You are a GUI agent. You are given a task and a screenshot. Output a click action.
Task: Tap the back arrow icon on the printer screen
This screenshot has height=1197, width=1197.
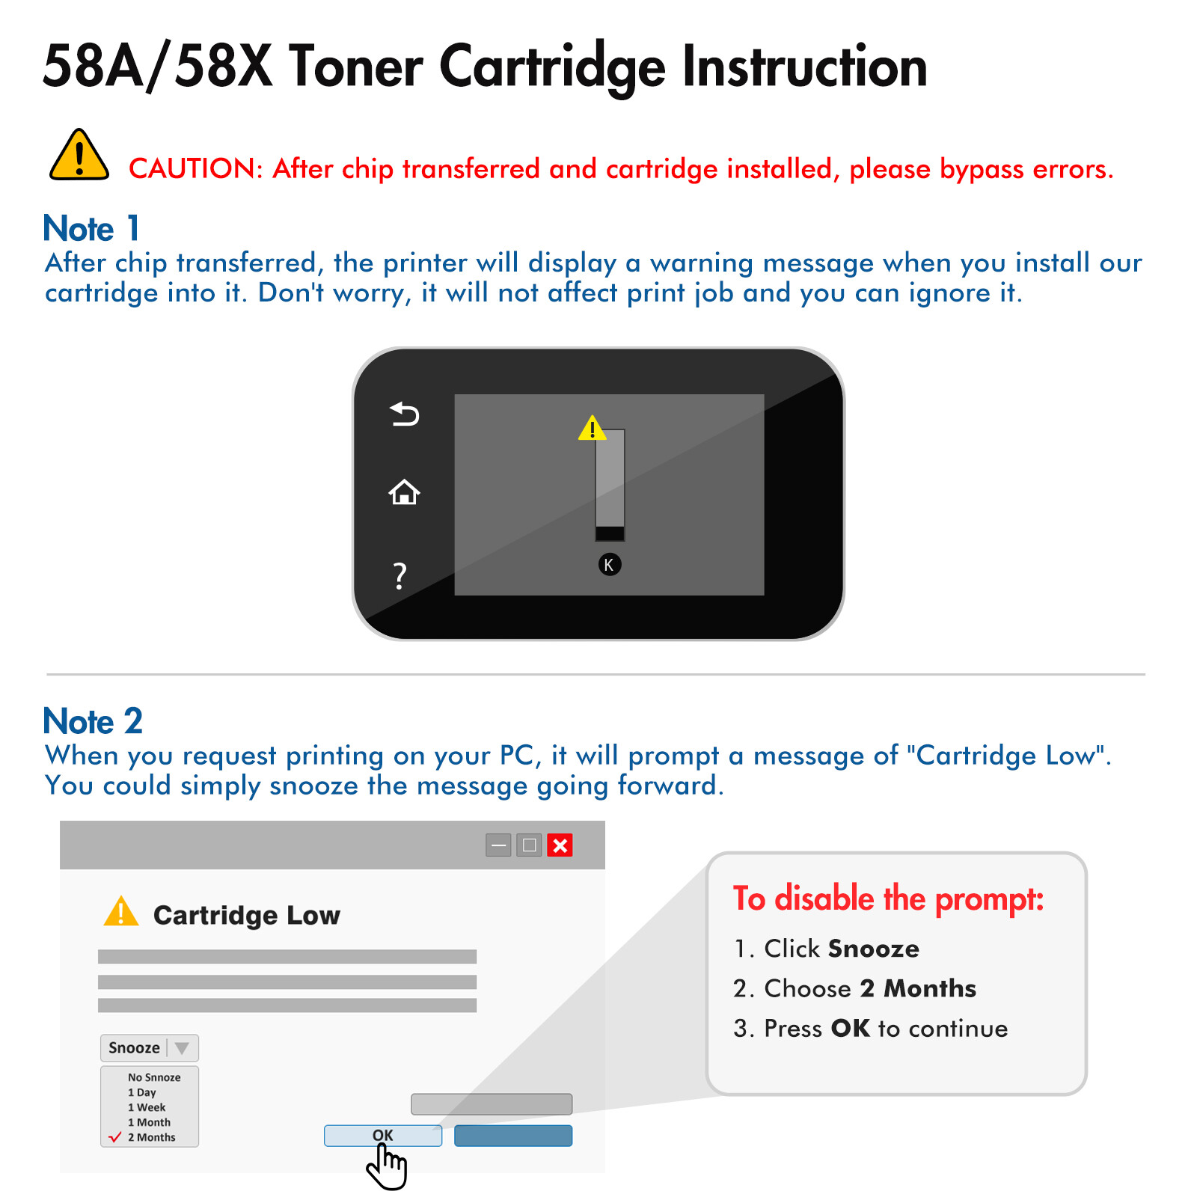tap(405, 414)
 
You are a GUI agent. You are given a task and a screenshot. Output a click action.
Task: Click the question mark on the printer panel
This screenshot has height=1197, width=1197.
tap(400, 576)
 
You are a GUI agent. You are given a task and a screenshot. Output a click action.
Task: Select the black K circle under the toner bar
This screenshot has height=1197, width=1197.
tap(610, 565)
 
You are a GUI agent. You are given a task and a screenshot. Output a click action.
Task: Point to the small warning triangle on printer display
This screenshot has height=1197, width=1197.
tap(592, 429)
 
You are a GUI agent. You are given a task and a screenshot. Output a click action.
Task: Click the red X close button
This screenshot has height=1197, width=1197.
tap(560, 845)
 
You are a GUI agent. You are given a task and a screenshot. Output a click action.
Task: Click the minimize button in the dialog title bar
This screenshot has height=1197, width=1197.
tap(498, 845)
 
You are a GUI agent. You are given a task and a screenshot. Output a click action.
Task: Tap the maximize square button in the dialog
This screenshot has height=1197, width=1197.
tap(529, 845)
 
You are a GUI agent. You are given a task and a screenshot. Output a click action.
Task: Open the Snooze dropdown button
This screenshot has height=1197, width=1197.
tap(149, 1048)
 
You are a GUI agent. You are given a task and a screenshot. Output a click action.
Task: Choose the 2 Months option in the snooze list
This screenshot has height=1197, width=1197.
tap(151, 1137)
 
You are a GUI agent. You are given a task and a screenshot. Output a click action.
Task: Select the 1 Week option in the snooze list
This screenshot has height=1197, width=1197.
tap(147, 1107)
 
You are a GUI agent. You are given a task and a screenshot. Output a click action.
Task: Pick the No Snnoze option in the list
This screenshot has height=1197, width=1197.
tap(154, 1077)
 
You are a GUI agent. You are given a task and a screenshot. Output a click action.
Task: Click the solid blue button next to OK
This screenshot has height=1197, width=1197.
tap(513, 1136)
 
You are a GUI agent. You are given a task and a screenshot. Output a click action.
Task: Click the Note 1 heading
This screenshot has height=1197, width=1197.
tap(91, 229)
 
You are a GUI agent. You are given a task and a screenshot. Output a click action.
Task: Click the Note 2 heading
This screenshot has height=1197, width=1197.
tap(93, 721)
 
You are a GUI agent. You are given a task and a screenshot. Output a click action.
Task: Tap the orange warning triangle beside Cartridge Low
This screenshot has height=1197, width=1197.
tap(121, 913)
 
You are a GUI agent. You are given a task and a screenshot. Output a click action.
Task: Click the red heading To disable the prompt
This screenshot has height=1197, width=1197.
tap(888, 898)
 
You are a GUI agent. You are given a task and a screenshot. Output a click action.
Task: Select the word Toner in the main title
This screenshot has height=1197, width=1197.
tap(355, 67)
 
